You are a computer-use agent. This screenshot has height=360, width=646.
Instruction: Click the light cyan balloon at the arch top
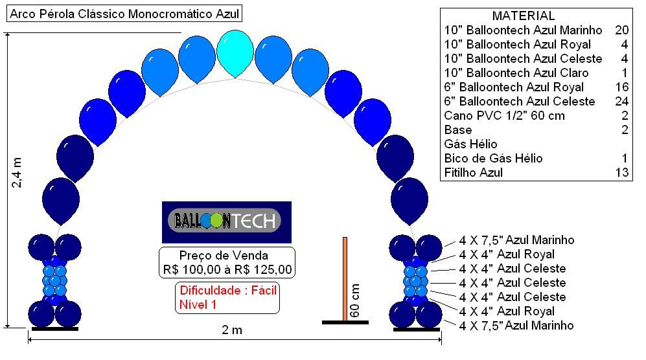pyautogui.click(x=235, y=52)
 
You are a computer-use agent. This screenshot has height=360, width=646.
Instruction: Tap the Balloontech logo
pyautogui.click(x=227, y=221)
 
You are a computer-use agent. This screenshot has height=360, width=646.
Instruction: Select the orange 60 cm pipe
pyautogui.click(x=345, y=279)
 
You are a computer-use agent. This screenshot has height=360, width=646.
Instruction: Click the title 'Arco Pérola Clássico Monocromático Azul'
pyautogui.click(x=124, y=14)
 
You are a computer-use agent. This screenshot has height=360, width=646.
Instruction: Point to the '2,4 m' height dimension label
pyautogui.click(x=16, y=173)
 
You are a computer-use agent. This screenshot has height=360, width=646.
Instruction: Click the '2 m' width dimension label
pyautogui.click(x=232, y=330)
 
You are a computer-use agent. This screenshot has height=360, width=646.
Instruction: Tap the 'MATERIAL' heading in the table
pyautogui.click(x=524, y=16)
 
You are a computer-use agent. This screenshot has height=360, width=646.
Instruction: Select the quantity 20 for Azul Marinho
pyautogui.click(x=621, y=30)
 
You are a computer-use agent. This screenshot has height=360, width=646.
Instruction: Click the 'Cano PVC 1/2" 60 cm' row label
pyautogui.click(x=504, y=116)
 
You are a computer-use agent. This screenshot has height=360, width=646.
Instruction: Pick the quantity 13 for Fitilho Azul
pyautogui.click(x=622, y=173)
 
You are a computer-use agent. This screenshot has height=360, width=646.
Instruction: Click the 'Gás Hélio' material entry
pyautogui.click(x=470, y=144)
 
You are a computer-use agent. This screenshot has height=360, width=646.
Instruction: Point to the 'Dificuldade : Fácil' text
pyautogui.click(x=228, y=290)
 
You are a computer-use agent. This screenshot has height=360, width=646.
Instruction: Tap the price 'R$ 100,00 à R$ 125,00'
pyautogui.click(x=227, y=270)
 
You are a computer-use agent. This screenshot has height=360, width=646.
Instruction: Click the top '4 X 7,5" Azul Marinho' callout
pyautogui.click(x=516, y=240)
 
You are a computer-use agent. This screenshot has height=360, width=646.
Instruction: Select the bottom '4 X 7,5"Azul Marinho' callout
pyautogui.click(x=516, y=326)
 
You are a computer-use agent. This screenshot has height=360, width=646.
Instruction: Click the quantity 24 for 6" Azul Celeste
pyautogui.click(x=621, y=101)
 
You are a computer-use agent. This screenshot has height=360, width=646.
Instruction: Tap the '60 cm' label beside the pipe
pyautogui.click(x=354, y=300)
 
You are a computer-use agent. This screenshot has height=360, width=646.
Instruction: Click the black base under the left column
pyautogui.click(x=55, y=329)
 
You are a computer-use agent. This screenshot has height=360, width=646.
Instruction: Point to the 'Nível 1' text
pyautogui.click(x=198, y=305)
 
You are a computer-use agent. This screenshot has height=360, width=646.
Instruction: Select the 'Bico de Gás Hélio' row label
pyautogui.click(x=493, y=159)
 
